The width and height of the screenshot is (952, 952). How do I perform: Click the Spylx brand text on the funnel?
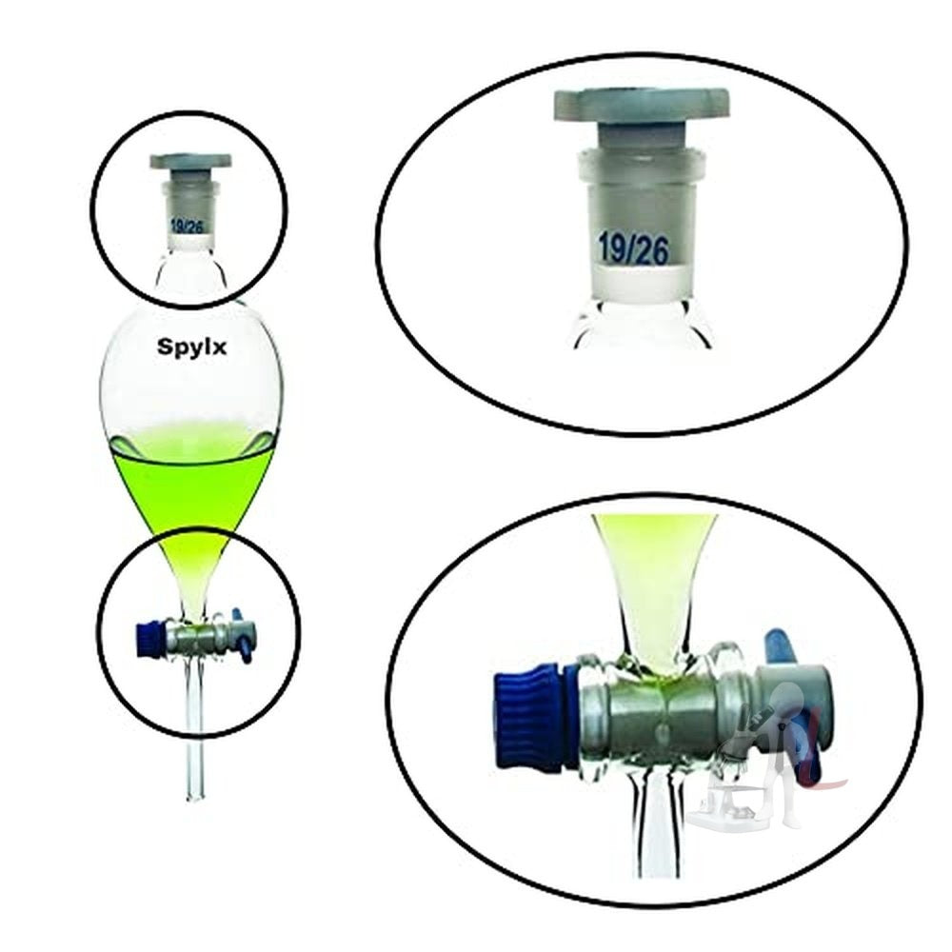coord(192,347)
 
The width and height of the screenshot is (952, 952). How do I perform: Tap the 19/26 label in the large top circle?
coord(633,248)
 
